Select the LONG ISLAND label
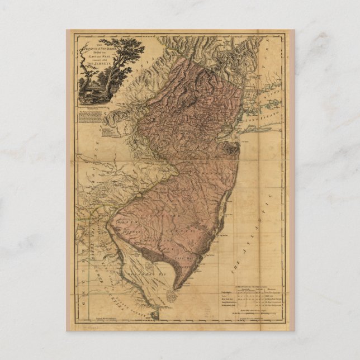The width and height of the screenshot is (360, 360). (270, 133)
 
